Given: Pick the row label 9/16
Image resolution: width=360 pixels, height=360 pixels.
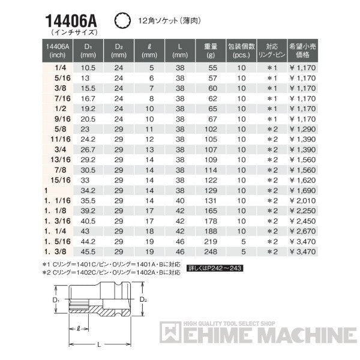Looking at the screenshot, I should coord(59,119).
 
